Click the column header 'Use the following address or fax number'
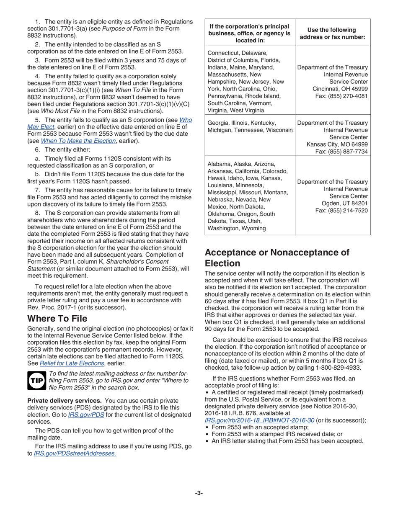coord(333,33)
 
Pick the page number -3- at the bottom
coord(199,493)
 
